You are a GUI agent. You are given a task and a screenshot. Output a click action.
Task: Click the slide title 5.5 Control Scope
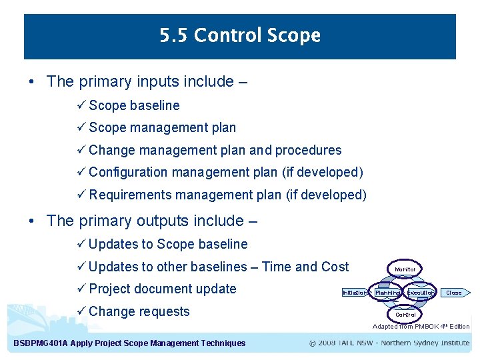(x=240, y=35)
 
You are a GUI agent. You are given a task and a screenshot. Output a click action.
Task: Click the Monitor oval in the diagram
(x=405, y=269)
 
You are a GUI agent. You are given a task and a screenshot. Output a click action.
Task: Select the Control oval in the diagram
(x=405, y=314)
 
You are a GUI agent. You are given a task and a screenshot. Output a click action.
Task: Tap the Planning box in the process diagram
(x=387, y=293)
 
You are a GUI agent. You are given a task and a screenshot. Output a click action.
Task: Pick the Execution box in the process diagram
(x=421, y=293)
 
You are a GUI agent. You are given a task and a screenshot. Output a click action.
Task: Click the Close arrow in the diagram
(x=455, y=293)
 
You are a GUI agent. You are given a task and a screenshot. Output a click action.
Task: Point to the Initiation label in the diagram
(x=354, y=293)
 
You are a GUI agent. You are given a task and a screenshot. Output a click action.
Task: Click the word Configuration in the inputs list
(x=128, y=172)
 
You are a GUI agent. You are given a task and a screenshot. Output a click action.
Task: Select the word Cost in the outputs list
(x=335, y=267)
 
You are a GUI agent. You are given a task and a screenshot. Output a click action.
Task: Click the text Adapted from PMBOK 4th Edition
(x=421, y=327)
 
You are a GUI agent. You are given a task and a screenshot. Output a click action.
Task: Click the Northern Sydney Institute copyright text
(x=389, y=343)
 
